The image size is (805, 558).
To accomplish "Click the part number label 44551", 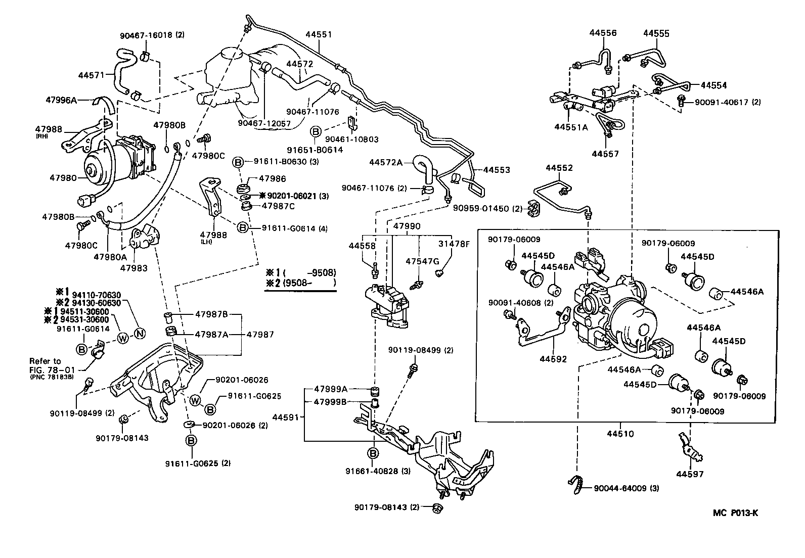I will (x=319, y=35).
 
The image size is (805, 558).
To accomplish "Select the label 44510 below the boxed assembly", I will (x=621, y=434).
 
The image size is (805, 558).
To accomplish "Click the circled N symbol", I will (x=140, y=332).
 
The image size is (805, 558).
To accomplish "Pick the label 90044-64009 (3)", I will (x=627, y=488).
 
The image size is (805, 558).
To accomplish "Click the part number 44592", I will (x=553, y=359).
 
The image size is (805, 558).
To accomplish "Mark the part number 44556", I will (x=603, y=33).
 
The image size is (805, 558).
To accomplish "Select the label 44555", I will (x=656, y=33).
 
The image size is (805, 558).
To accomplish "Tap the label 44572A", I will (x=386, y=162).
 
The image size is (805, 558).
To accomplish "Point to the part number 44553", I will (x=497, y=170).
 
